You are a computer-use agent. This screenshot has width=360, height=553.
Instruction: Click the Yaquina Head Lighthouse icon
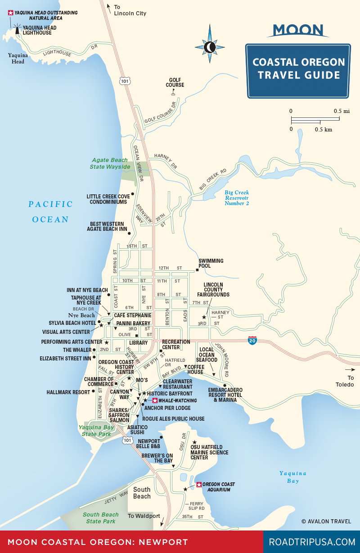[18, 30]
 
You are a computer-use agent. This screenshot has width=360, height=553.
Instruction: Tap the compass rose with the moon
[209, 45]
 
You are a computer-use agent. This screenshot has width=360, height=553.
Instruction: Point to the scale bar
[315, 120]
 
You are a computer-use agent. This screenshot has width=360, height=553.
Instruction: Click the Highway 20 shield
[252, 341]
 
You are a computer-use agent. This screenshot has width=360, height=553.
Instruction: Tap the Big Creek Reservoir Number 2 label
[237, 198]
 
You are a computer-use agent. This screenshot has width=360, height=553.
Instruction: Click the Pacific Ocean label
[50, 211]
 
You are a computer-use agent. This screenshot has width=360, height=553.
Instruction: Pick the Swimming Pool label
[211, 263]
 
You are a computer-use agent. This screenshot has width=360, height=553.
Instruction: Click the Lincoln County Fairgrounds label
[216, 289]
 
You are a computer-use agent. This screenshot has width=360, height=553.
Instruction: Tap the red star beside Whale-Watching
[155, 400]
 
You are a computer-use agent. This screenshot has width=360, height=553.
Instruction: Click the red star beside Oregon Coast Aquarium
[199, 485]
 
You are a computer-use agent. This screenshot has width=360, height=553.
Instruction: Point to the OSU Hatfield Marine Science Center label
[209, 452]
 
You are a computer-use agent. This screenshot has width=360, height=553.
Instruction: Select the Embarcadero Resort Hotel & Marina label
[225, 395]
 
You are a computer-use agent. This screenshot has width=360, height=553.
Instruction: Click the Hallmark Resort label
[68, 392]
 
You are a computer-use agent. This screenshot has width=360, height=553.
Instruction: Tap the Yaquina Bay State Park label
[96, 431]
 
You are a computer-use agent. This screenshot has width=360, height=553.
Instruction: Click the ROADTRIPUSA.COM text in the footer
[312, 542]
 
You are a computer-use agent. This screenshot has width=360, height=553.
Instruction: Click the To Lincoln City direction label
[130, 10]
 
